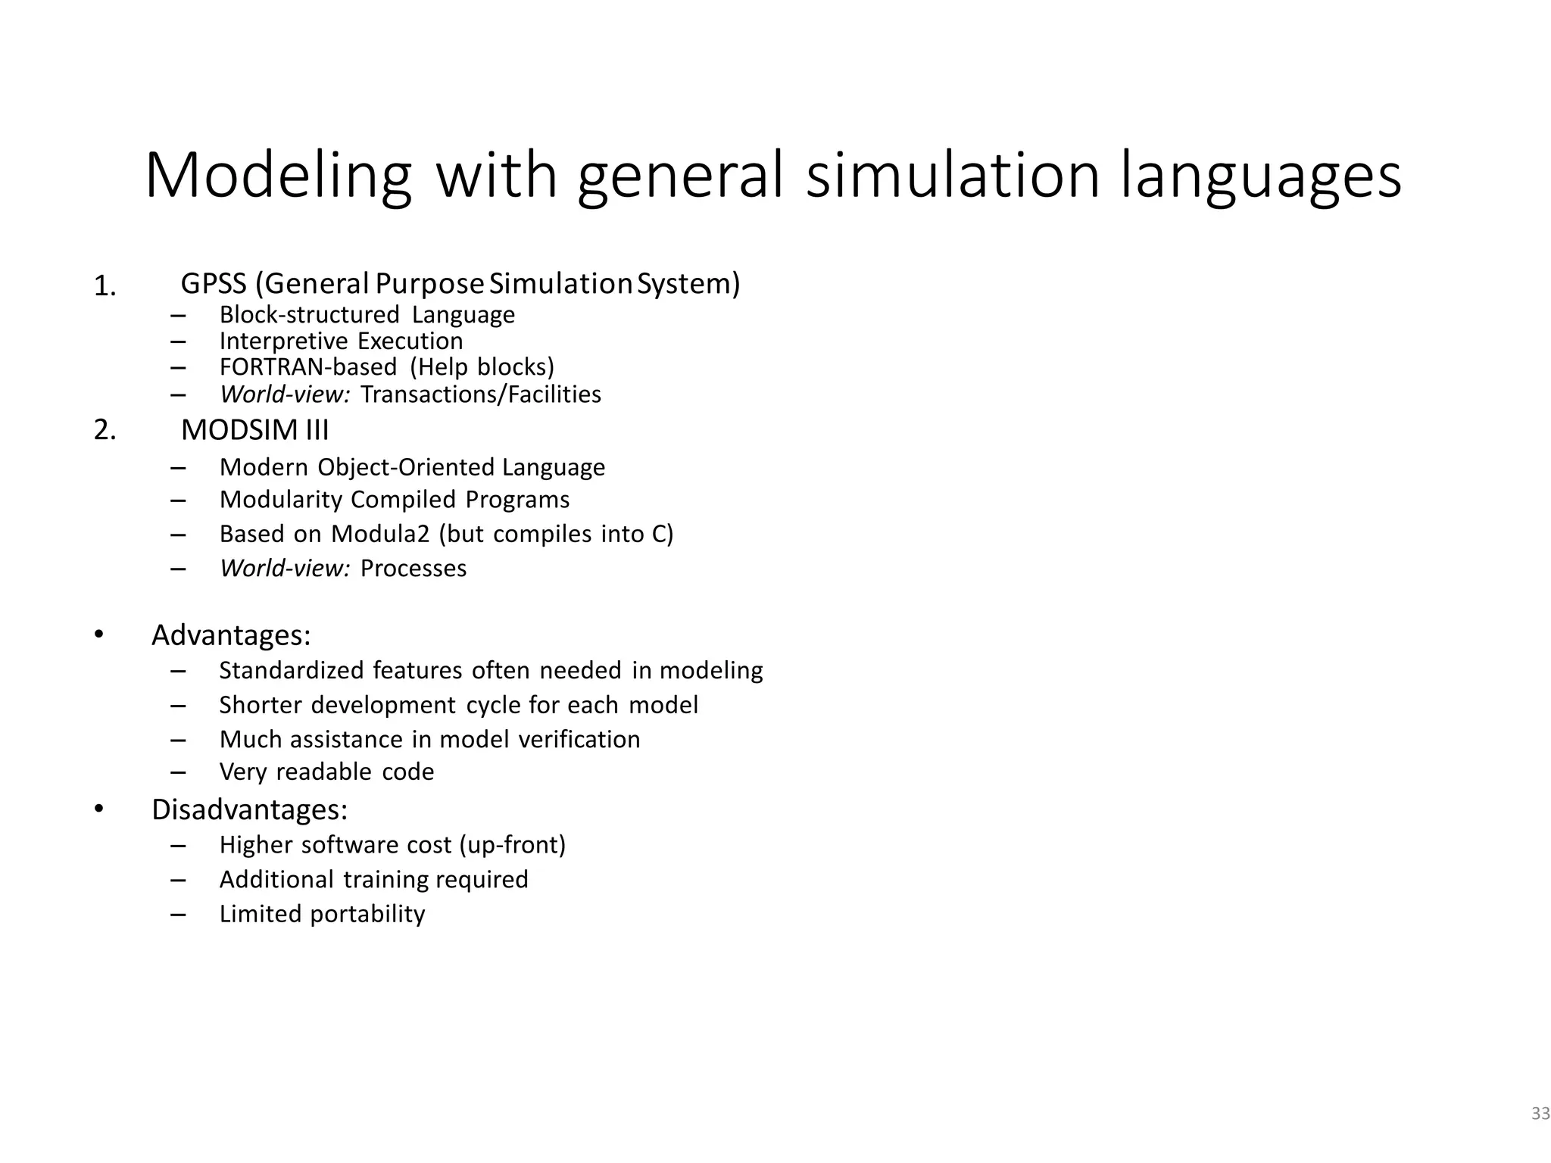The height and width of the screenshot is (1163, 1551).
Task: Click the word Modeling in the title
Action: (278, 177)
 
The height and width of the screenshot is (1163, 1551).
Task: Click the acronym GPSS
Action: (214, 284)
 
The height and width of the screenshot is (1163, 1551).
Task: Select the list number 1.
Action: (105, 287)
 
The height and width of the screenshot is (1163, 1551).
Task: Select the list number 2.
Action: (105, 430)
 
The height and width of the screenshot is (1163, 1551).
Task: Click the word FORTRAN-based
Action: (308, 367)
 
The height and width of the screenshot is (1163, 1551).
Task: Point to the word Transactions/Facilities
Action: (481, 394)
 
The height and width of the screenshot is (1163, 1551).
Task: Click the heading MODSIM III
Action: (255, 430)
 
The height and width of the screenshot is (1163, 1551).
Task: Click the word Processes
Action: (413, 569)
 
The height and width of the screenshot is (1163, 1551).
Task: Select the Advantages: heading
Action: (231, 635)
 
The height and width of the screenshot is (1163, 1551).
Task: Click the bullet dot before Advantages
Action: (98, 635)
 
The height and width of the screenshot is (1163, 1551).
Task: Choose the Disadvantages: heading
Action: (249, 810)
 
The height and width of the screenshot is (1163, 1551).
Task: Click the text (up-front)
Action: (513, 845)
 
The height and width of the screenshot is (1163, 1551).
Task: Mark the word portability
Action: (368, 915)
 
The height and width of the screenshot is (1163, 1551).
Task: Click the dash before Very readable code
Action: (179, 773)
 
